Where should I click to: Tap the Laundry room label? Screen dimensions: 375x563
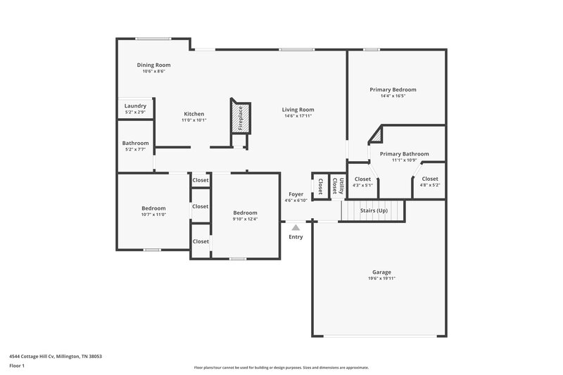135,106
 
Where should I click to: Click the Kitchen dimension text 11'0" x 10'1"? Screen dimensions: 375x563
194,120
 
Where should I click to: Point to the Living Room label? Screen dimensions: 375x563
298,109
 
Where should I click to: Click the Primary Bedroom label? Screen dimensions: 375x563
393,89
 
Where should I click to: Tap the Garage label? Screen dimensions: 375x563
381,272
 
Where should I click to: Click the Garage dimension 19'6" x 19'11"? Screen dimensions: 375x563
381,279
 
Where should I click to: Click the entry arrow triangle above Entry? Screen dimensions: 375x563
296,227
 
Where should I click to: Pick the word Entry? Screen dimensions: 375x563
296,236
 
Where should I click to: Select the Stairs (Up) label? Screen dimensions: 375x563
374,210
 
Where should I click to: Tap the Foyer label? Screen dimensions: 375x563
296,194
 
